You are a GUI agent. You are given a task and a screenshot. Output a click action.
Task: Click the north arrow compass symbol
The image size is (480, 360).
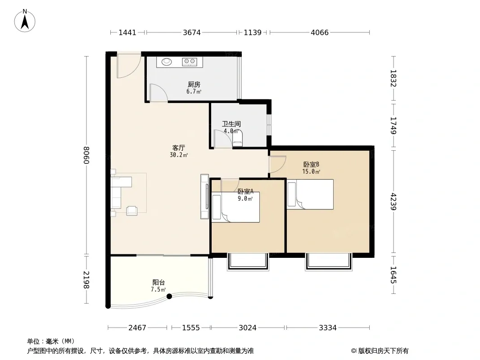tap(25, 21)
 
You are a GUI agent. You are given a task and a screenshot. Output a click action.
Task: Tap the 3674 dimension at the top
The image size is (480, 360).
tap(192, 32)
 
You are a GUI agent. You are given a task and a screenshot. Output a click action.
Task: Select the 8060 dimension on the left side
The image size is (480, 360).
tap(86, 155)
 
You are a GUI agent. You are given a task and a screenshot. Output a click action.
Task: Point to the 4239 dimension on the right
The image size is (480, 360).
tap(394, 202)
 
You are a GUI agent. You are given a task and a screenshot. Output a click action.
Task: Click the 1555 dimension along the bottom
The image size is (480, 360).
tap(191, 328)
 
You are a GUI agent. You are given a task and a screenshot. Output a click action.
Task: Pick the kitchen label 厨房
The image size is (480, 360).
tap(194, 84)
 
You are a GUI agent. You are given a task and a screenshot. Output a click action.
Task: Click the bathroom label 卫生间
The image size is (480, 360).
tap(231, 124)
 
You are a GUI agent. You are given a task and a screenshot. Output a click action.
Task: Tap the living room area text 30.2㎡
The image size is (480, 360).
tap(179, 155)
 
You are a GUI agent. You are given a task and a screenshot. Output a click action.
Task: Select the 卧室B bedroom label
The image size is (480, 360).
tap(311, 165)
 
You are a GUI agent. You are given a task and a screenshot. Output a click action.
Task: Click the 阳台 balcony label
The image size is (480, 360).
tap(158, 282)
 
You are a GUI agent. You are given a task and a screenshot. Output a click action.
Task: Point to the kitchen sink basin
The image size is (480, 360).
tap(167, 62)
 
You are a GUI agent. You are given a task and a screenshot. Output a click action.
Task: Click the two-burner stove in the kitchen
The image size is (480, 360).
tap(189, 62)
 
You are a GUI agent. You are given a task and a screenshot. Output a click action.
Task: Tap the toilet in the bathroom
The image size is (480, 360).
tap(238, 139)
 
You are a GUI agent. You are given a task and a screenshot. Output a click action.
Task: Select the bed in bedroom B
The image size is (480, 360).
tap(310, 194)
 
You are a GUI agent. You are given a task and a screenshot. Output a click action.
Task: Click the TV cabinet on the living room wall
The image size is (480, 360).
tap(204, 196)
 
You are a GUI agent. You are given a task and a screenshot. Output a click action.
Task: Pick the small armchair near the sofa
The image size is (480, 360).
tap(132, 210)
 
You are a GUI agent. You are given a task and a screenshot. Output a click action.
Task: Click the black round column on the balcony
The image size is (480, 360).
tap(169, 296)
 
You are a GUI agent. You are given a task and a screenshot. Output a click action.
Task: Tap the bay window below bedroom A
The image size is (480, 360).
tap(248, 261)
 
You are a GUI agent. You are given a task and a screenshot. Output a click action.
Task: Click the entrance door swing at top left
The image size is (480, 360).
tap(129, 66)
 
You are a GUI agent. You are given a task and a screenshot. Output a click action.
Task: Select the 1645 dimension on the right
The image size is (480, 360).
tap(394, 275)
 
